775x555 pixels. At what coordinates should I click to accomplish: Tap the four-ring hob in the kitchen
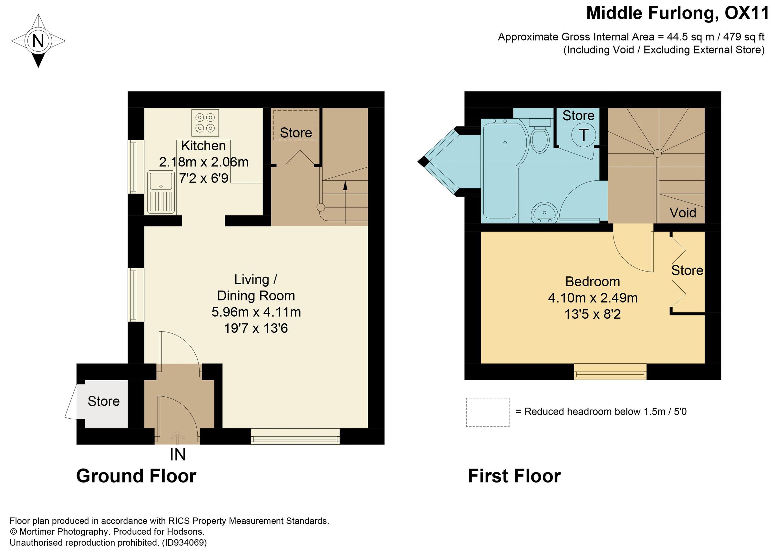pyautogui.click(x=205, y=123)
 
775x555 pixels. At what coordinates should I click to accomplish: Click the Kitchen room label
pyautogui.click(x=203, y=146)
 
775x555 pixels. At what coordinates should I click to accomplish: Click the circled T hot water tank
pyautogui.click(x=584, y=135)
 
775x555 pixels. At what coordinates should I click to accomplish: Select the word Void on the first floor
pyautogui.click(x=683, y=213)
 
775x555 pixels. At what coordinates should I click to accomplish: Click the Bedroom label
pyautogui.click(x=593, y=282)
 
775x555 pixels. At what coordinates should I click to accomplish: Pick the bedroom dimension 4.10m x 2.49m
pyautogui.click(x=593, y=298)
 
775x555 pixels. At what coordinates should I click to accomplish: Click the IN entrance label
pyautogui.click(x=178, y=455)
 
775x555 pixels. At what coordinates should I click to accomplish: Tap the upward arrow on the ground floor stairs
pyautogui.click(x=345, y=186)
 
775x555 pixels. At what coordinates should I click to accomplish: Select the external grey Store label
pyautogui.click(x=104, y=401)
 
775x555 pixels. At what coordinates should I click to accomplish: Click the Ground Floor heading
pyautogui.click(x=136, y=476)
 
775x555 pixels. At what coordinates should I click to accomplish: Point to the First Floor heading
pyautogui.click(x=514, y=476)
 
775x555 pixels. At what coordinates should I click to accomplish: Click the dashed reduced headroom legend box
pyautogui.click(x=488, y=412)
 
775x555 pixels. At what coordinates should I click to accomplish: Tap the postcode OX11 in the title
pyautogui.click(x=746, y=14)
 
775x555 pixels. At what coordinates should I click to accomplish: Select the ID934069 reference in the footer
pyautogui.click(x=184, y=543)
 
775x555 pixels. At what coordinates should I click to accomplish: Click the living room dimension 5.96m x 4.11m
pyautogui.click(x=256, y=312)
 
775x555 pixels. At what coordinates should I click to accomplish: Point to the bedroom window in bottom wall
pyautogui.click(x=610, y=372)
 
